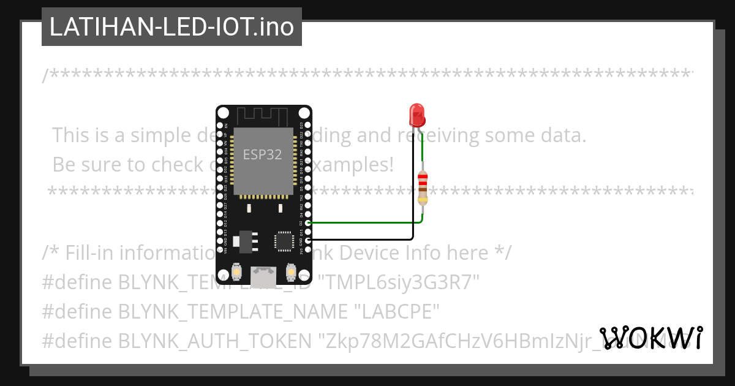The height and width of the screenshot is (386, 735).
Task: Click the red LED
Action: coord(417,115)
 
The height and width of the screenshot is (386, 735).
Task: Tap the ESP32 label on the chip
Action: coord(262,154)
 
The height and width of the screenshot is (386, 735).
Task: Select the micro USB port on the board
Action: coord(263,275)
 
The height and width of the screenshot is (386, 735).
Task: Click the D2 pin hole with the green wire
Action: coord(307,222)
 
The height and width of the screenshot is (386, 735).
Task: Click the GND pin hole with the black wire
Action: coord(307,240)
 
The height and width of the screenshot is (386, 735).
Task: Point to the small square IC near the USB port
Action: coord(284,240)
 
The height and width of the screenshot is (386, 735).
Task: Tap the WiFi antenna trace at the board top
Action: coord(262,115)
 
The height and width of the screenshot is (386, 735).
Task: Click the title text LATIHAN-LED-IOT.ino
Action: coord(171,27)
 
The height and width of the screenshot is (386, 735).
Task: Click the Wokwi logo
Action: coord(651,338)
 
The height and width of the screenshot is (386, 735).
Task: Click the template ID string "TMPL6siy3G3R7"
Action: coord(401,282)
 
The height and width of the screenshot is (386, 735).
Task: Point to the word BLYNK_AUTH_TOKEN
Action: coord(214,341)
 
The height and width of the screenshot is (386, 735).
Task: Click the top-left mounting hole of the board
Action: coord(223,113)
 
